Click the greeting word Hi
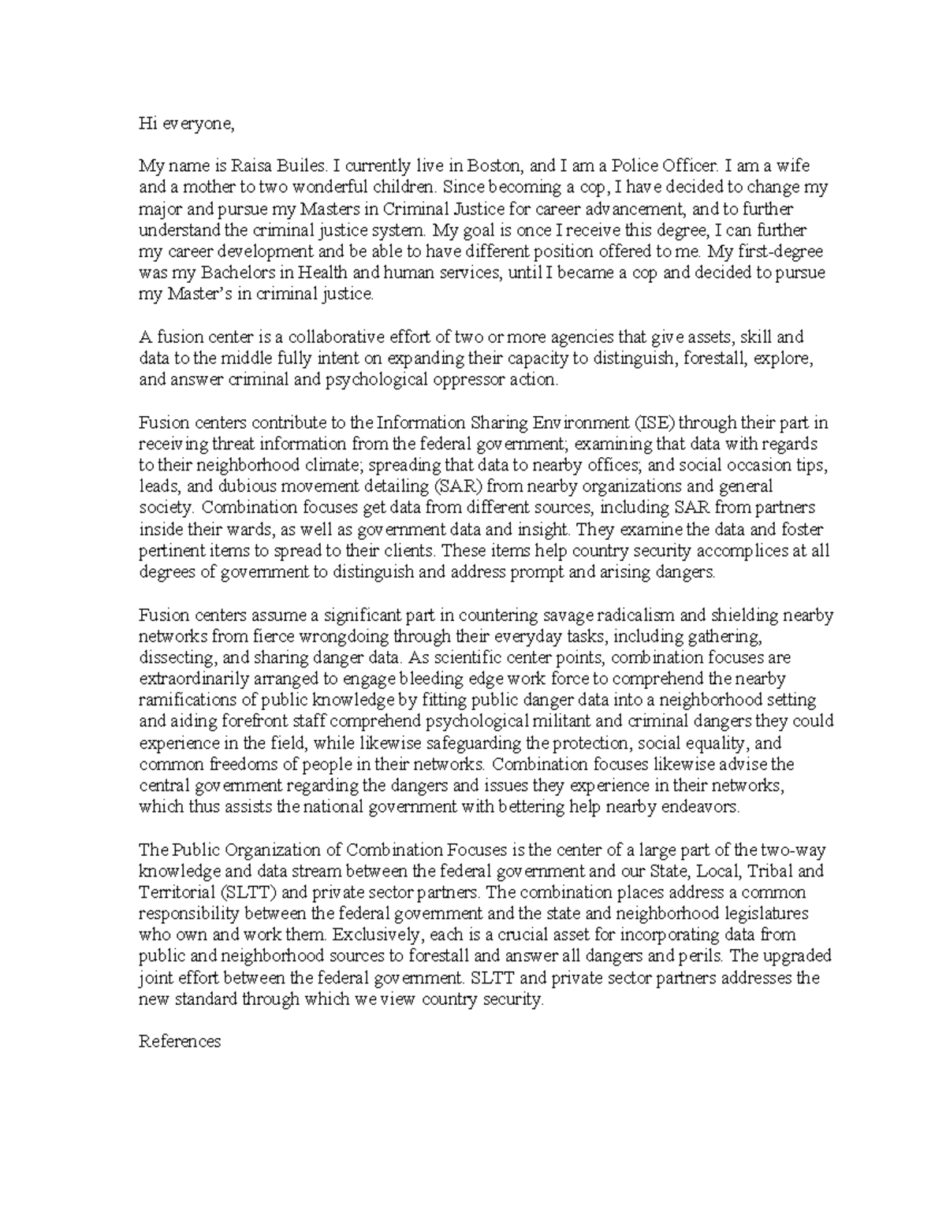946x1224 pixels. pyautogui.click(x=147, y=124)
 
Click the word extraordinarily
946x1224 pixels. pyautogui.click(x=193, y=679)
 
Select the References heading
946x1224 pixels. pyautogui.click(x=180, y=1042)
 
